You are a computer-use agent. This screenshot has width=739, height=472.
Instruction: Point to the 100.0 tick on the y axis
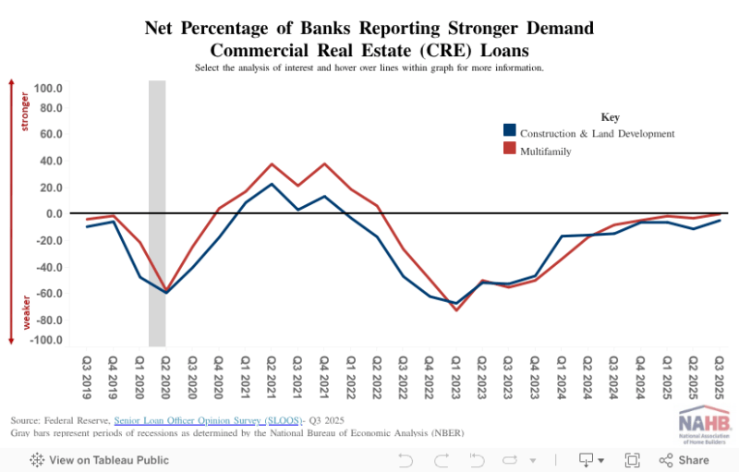pos(47,89)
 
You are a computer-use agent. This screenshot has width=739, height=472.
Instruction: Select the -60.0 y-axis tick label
pos(47,294)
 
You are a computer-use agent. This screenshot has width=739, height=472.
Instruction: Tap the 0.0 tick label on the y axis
pos(54,213)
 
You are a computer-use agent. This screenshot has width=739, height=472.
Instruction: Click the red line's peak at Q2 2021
pos(272,163)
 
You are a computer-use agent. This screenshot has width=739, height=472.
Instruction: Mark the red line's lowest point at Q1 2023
pos(455,309)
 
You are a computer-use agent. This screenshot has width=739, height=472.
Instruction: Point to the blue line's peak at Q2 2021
pos(272,184)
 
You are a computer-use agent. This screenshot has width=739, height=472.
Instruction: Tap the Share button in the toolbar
pos(684,459)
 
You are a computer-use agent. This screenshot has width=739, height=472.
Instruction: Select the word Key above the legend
pos(610,117)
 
